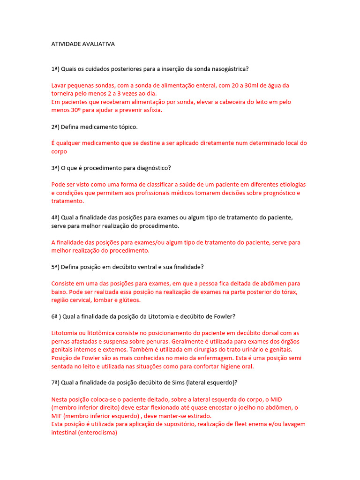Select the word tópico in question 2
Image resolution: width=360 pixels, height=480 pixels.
point(127,127)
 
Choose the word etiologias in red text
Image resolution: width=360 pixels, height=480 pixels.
point(291,184)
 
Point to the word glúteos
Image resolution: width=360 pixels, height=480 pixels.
point(136,300)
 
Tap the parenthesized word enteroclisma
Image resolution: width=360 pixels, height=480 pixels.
point(95,433)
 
